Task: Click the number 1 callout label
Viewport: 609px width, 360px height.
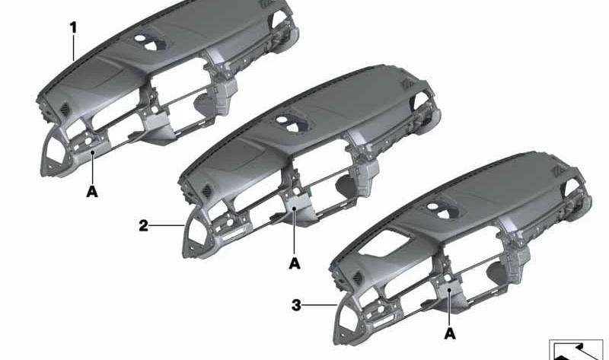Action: (x=73, y=28)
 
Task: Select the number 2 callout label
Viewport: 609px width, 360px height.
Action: (x=144, y=225)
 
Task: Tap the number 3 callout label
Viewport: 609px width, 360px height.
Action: (x=296, y=305)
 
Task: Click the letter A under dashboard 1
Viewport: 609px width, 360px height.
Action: (x=92, y=192)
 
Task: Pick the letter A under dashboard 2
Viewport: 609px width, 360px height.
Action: (x=295, y=263)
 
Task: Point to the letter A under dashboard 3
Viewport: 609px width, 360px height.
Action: (x=450, y=333)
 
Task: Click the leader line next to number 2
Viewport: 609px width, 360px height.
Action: (x=167, y=225)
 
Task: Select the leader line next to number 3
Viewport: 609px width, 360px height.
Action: (x=319, y=305)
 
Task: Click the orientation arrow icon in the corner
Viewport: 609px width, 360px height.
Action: (x=576, y=350)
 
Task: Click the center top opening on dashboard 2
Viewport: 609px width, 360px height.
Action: (x=292, y=123)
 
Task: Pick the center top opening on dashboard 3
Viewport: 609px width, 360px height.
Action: (x=443, y=210)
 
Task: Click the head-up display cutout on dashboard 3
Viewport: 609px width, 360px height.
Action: (x=384, y=244)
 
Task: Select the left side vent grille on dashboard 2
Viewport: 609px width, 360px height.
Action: (x=206, y=191)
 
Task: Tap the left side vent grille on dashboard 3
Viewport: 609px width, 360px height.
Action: (x=358, y=278)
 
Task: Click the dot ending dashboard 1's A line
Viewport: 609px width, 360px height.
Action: (x=92, y=153)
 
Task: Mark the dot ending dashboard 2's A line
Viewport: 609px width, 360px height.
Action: (x=295, y=209)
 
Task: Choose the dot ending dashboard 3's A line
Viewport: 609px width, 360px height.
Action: (x=449, y=290)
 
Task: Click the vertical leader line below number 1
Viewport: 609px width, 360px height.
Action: (x=73, y=48)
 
